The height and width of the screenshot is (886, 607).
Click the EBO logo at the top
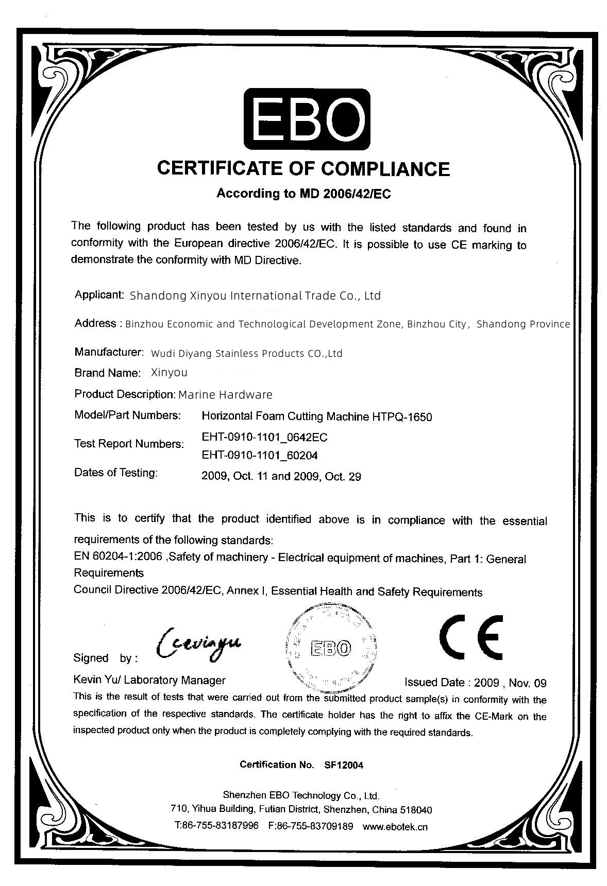click(307, 118)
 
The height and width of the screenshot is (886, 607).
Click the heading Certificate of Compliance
click(303, 168)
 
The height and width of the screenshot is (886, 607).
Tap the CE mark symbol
click(471, 637)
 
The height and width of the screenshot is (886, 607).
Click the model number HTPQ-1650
click(402, 416)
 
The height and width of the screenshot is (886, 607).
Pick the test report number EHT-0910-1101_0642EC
click(264, 438)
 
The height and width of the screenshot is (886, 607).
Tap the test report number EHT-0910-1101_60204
click(260, 456)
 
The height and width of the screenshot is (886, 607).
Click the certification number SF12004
click(344, 765)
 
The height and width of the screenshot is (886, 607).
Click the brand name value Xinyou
click(170, 372)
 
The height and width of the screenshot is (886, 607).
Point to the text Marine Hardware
click(225, 395)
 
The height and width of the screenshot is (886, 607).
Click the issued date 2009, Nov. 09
click(510, 683)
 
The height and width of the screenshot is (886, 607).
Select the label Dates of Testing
click(116, 473)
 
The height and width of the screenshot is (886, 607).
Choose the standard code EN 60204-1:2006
click(119, 557)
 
